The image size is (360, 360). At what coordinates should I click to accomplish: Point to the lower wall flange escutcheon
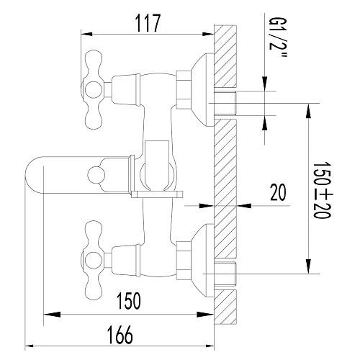(202, 254)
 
